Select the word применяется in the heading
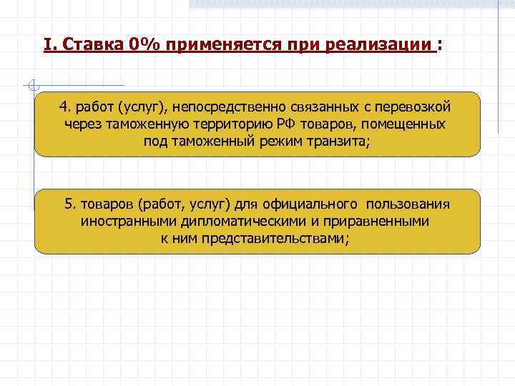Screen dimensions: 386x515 pos(223,46)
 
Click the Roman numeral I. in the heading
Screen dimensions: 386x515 pos(48,46)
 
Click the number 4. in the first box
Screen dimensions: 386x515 pos(65,107)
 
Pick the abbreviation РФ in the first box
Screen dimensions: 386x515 pos(286,124)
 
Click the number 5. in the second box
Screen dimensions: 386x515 pos(70,204)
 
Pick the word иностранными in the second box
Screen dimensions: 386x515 pos(124,221)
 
